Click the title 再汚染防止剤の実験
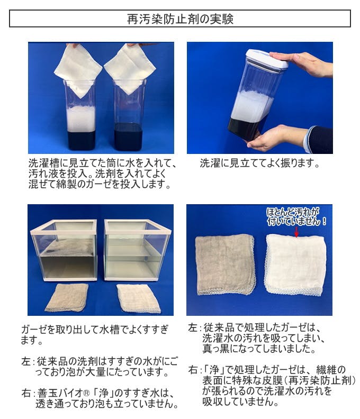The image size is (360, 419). click(180, 19)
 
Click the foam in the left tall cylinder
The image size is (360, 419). click(81, 119)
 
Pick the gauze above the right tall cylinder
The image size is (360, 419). click(130, 68)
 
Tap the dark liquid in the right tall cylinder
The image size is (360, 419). click(128, 136)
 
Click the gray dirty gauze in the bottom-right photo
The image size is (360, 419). click(225, 265)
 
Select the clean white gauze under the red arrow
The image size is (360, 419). click(295, 265)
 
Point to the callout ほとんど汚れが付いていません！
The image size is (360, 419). click(296, 217)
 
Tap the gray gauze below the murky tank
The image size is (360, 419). click(67, 297)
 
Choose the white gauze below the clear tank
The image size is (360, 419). click(139, 298)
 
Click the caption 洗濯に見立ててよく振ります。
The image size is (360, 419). click(260, 163)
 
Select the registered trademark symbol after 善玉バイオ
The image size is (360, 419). click(86, 393)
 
